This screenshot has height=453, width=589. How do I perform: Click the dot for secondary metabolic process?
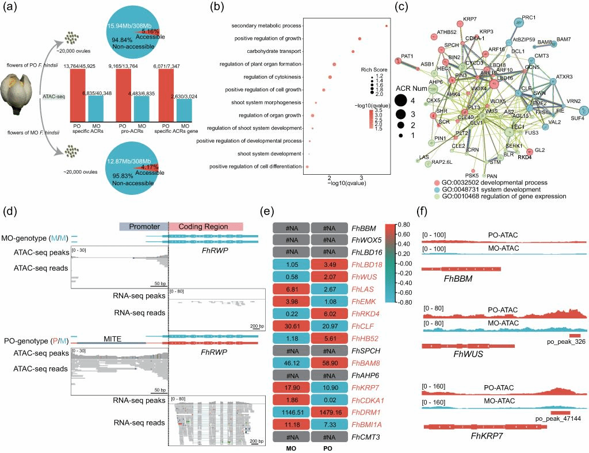(x=386, y=26)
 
